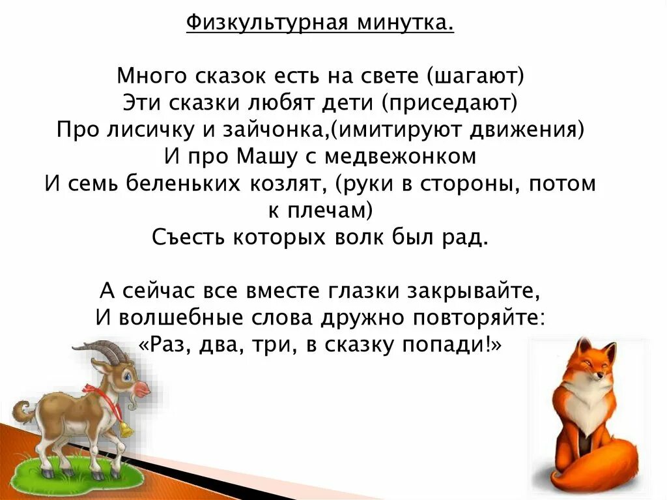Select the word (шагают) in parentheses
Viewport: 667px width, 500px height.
pyautogui.click(x=475, y=76)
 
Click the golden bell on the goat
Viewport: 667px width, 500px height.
pyautogui.click(x=125, y=429)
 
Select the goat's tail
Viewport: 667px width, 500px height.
pyautogui.click(x=24, y=412)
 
